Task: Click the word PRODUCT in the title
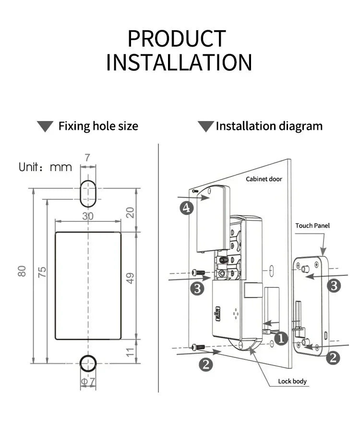[177, 39]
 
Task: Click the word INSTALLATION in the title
[179, 63]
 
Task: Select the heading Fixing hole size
[98, 126]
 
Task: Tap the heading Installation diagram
[269, 126]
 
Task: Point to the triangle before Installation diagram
[206, 126]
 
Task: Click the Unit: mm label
[45, 167]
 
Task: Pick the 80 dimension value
[22, 271]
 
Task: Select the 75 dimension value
[42, 272]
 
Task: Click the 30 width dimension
[88, 216]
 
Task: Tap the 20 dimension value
[130, 212]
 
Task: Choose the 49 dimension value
[130, 278]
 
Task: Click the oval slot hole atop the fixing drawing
[87, 193]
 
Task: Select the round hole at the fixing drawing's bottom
[87, 363]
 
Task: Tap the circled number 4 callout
[187, 208]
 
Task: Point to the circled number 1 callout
[281, 339]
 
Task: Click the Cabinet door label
[264, 179]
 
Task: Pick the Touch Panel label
[312, 226]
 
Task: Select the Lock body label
[292, 381]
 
